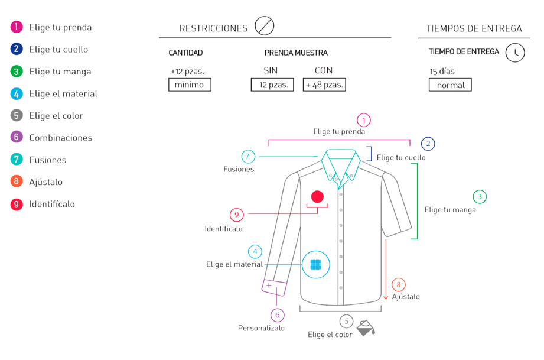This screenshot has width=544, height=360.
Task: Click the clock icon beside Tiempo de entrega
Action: tap(515, 53)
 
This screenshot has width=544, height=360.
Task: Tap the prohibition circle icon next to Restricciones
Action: tap(264, 27)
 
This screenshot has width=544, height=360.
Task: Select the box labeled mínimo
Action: tap(190, 85)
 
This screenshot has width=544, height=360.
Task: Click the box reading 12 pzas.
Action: tap(272, 85)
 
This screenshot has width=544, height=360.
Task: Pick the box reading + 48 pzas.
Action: tap(324, 85)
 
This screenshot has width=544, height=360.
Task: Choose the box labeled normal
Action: tap(450, 85)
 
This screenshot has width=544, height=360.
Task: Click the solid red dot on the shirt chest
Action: tap(317, 196)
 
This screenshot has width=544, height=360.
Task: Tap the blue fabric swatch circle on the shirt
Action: tap(316, 264)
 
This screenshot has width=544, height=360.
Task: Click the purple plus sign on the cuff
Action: tap(269, 286)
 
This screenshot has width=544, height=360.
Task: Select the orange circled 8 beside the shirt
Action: tap(399, 285)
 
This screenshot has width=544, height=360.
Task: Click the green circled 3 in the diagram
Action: tap(480, 196)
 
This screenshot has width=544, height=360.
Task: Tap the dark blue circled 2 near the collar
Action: tap(428, 144)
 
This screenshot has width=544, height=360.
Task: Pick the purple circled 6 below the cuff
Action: tap(277, 315)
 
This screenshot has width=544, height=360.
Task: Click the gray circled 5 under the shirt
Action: tap(347, 322)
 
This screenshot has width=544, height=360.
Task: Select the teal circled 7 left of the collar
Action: tap(248, 157)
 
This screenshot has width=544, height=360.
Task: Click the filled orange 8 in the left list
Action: tap(17, 181)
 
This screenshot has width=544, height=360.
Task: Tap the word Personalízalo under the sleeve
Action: tap(261, 328)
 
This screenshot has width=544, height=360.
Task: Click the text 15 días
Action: tap(442, 72)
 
